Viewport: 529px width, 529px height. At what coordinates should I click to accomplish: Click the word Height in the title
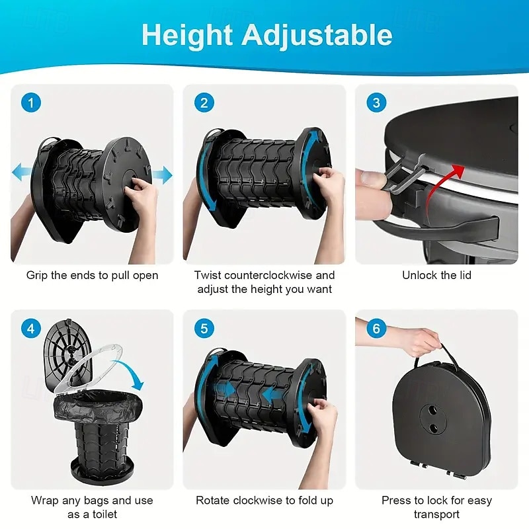[187, 35]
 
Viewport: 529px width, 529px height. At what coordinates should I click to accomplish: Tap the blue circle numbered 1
[31, 102]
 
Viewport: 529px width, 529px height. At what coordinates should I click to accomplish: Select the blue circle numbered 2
[204, 102]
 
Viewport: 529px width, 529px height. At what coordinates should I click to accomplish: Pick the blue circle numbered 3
[376, 102]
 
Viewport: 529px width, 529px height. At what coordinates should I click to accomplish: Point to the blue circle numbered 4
[31, 328]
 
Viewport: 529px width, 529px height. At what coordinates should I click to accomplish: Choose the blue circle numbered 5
[204, 328]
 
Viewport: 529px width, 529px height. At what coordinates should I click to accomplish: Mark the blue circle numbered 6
[376, 328]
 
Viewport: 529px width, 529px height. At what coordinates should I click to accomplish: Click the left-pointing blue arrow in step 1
[22, 172]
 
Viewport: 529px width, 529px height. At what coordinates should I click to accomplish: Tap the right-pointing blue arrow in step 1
[162, 175]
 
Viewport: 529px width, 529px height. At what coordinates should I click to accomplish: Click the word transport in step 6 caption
[436, 514]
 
